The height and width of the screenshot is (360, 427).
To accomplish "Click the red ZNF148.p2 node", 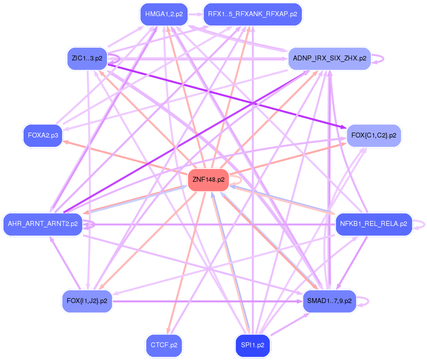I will [x=209, y=180].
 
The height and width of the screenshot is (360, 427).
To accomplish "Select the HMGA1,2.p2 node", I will [x=164, y=14].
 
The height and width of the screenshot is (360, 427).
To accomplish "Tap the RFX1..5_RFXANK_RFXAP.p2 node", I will [x=252, y=14].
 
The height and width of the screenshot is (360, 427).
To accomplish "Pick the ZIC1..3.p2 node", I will [x=87, y=58].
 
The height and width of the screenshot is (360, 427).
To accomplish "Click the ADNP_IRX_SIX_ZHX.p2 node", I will [x=329, y=58].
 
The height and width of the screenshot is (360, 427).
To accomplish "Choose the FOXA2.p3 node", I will [x=43, y=136].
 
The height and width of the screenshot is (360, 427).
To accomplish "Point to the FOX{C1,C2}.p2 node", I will [x=374, y=136].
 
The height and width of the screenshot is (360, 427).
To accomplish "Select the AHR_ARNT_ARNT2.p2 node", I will [x=43, y=224].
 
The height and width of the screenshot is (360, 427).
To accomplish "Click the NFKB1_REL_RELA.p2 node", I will [x=374, y=224].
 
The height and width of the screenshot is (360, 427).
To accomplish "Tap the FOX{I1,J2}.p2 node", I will [x=87, y=301].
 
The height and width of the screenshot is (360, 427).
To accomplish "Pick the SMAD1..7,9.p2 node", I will [x=329, y=301].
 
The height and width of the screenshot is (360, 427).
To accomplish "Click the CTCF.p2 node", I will [x=164, y=345].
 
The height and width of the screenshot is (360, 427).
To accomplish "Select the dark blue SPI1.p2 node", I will [x=252, y=345].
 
